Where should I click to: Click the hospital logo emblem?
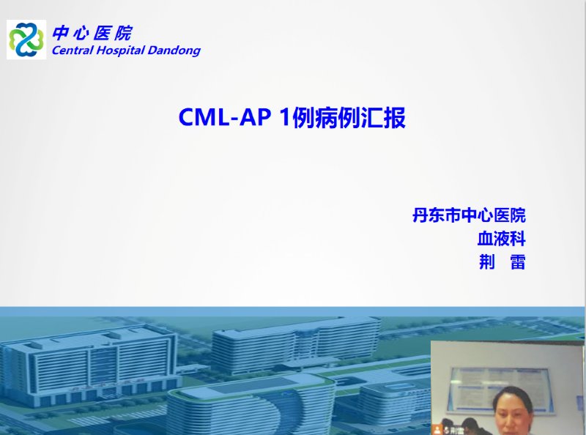tap(26, 40)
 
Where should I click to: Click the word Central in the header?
tap(72, 50)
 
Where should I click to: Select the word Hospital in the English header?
tap(120, 51)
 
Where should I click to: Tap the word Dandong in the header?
tap(174, 51)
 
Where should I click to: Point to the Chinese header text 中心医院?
tap(92, 33)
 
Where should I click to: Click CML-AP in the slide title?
tap(225, 117)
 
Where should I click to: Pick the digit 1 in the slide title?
tap(285, 117)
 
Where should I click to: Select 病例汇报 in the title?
tap(360, 117)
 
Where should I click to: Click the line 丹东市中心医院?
tap(469, 215)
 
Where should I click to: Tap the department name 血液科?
tap(502, 239)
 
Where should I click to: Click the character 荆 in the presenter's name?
tap(486, 261)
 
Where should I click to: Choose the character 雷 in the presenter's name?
tap(518, 261)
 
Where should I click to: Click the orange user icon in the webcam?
tap(437, 430)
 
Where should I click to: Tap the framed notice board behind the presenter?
tap(502, 389)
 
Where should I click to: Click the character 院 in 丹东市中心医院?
tap(518, 215)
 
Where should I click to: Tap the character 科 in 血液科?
tap(519, 239)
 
